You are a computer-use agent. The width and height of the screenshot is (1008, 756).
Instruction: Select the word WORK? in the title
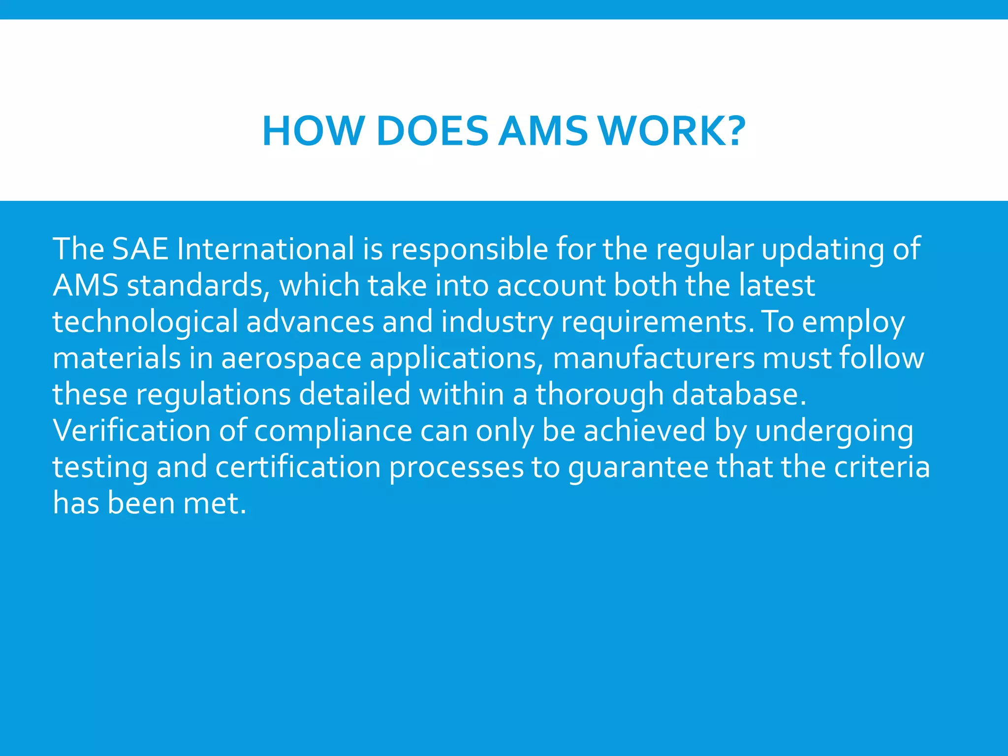coord(673,131)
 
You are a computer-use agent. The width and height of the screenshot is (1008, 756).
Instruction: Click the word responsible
coord(469,250)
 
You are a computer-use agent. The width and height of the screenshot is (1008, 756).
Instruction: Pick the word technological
coord(145,322)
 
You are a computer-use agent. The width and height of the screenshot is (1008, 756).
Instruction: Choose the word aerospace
coord(291,359)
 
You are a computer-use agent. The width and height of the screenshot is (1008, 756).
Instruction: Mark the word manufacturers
coord(654,358)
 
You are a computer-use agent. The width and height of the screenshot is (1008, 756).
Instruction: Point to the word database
coord(739,394)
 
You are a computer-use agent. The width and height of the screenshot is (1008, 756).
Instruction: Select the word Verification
coord(132,431)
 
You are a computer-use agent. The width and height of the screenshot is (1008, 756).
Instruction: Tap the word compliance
coord(333,432)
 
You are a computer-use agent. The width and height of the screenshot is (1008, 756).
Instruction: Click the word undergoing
coord(834,432)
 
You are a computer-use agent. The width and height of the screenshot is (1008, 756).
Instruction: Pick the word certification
coord(298,467)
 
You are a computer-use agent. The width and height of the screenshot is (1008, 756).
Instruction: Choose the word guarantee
coord(638,468)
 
